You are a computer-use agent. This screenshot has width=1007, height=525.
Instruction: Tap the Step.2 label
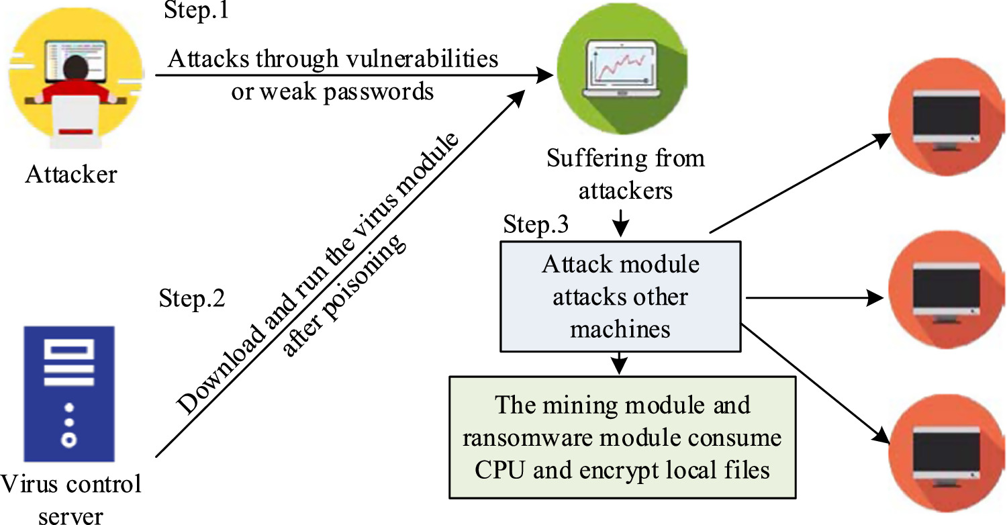[192, 298]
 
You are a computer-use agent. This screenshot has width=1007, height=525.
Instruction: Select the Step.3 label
[536, 226]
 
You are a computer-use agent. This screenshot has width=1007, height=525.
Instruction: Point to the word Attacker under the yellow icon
[71, 175]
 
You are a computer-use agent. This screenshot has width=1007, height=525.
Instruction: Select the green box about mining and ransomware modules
[622, 437]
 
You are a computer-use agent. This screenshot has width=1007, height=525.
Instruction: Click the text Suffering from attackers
[625, 175]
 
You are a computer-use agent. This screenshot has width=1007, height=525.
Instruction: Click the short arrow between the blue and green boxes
[621, 363]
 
